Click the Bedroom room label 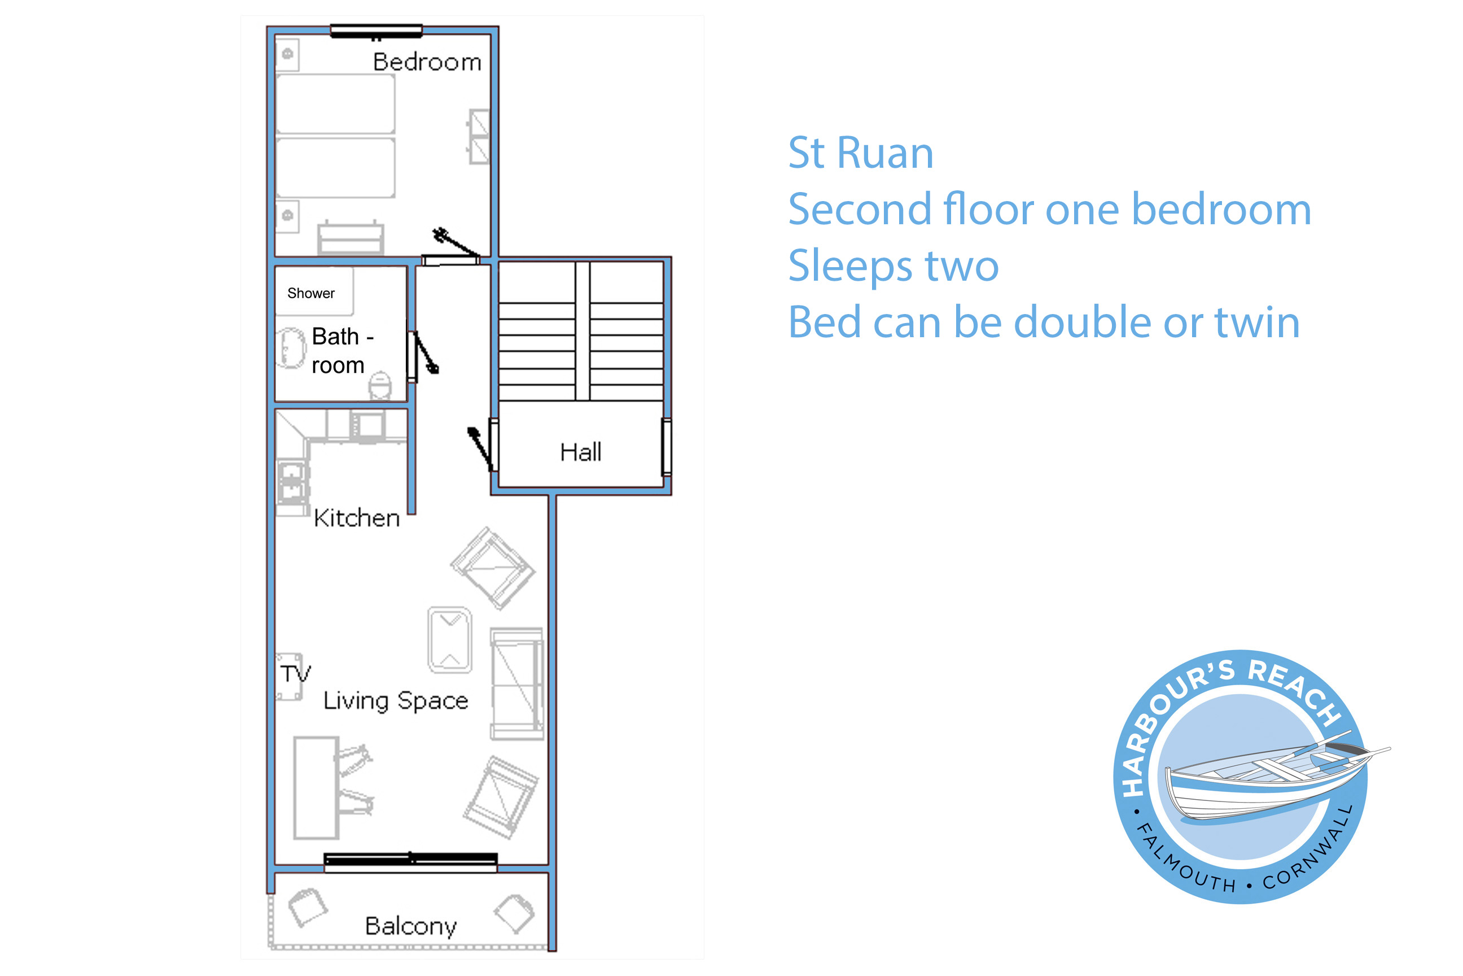pyautogui.click(x=427, y=62)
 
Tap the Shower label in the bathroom pyautogui.click(x=311, y=293)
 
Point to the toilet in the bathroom pyautogui.click(x=380, y=385)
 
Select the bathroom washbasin pyautogui.click(x=291, y=348)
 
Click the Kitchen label pyautogui.click(x=356, y=518)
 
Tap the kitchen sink pyautogui.click(x=292, y=481)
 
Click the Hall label pyautogui.click(x=580, y=452)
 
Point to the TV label pyautogui.click(x=295, y=673)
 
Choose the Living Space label pyautogui.click(x=396, y=701)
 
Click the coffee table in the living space pyautogui.click(x=450, y=640)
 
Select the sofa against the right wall pyautogui.click(x=517, y=683)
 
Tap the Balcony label pyautogui.click(x=410, y=926)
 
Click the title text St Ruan pyautogui.click(x=861, y=152)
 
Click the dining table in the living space pyautogui.click(x=316, y=788)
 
